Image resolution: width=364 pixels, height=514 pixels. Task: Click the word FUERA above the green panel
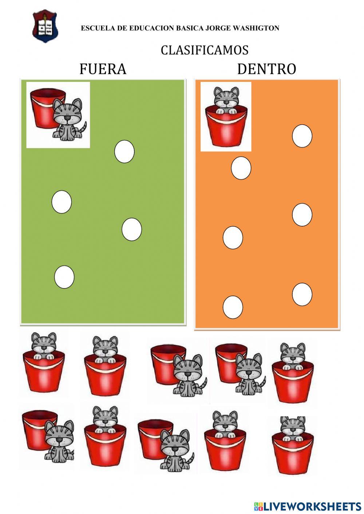pos(103,69)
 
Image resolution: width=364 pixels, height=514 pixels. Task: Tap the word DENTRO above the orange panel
pos(266,69)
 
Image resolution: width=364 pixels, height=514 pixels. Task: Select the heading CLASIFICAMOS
pos(205,50)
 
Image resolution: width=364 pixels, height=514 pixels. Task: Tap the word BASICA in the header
pos(190,28)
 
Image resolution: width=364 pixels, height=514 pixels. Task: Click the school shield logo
pos(45,26)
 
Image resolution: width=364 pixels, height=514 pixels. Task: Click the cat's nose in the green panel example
pos(67,118)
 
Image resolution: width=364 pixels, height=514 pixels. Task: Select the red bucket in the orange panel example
pos(226,127)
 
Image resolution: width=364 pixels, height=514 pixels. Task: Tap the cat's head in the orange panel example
pos(226,96)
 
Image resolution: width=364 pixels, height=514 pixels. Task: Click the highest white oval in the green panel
pos(124,151)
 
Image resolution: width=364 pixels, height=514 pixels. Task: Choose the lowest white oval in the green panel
pos(64,277)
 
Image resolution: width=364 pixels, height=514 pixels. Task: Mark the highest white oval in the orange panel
pos(302,136)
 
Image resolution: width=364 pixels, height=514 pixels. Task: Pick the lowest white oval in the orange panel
pos(233,307)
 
